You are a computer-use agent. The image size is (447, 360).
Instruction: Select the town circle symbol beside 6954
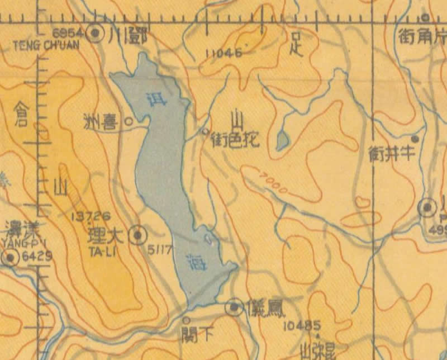coord(96,34)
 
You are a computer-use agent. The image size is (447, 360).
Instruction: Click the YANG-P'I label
coord(20,243)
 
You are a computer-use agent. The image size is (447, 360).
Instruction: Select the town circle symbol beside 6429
coord(10,258)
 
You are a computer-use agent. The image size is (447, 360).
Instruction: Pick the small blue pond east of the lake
coord(282,139)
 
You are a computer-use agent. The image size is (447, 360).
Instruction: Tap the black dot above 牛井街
coord(415,138)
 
